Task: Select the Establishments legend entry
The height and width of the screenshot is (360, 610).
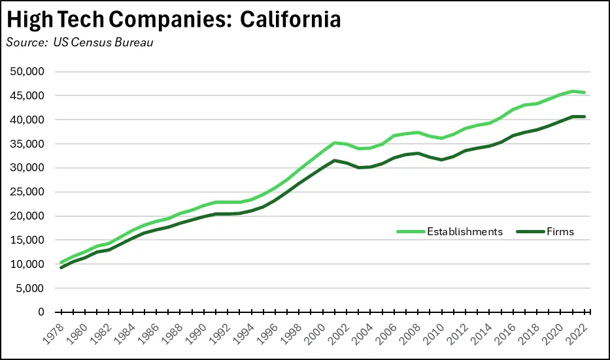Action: point(465,231)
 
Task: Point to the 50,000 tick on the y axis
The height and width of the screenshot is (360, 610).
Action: point(28,71)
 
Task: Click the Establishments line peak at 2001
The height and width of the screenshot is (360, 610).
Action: point(335,142)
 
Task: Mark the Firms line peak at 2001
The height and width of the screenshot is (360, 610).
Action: point(335,160)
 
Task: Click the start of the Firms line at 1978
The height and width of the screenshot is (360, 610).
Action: point(61,267)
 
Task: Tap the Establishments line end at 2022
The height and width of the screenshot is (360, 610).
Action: point(584,92)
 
